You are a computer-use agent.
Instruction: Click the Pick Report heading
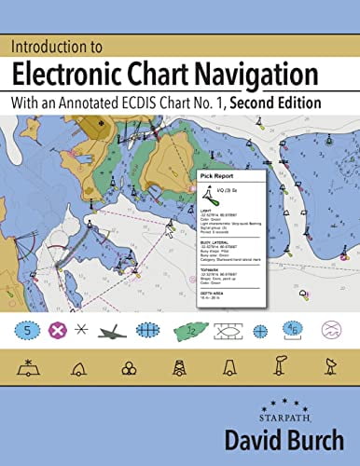218,175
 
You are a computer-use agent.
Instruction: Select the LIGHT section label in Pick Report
206,210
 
